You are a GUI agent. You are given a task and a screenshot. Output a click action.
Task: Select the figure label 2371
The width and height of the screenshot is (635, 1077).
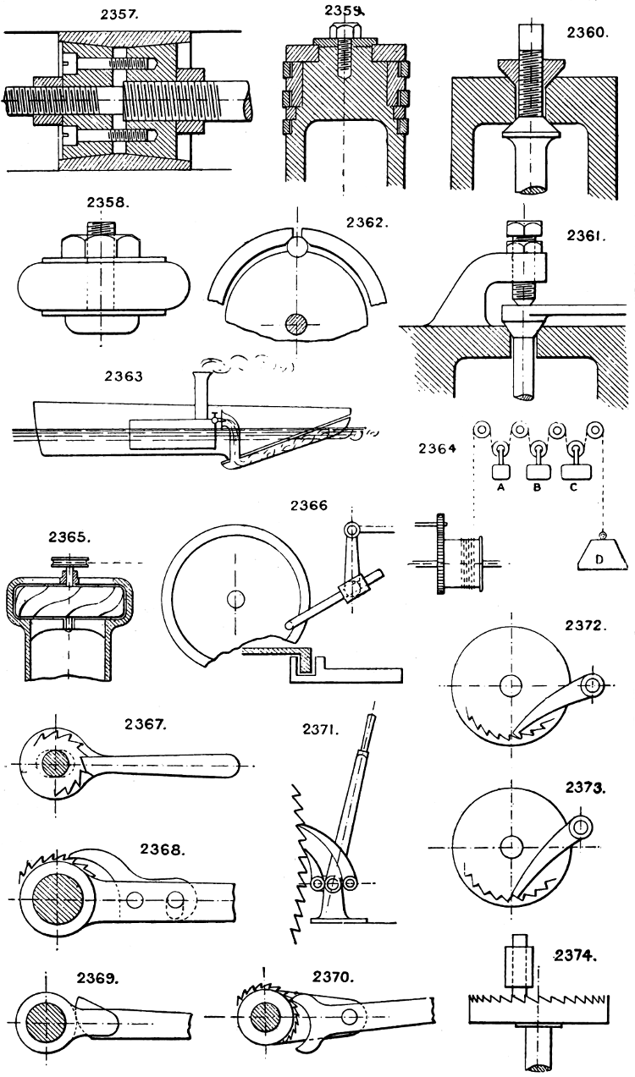(322, 728)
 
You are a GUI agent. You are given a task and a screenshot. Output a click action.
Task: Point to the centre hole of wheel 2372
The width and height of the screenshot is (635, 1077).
(511, 684)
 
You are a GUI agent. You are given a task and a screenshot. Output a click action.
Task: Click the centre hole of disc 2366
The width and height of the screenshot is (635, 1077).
(233, 597)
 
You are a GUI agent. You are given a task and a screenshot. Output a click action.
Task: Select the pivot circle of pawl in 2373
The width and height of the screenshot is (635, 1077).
(581, 826)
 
